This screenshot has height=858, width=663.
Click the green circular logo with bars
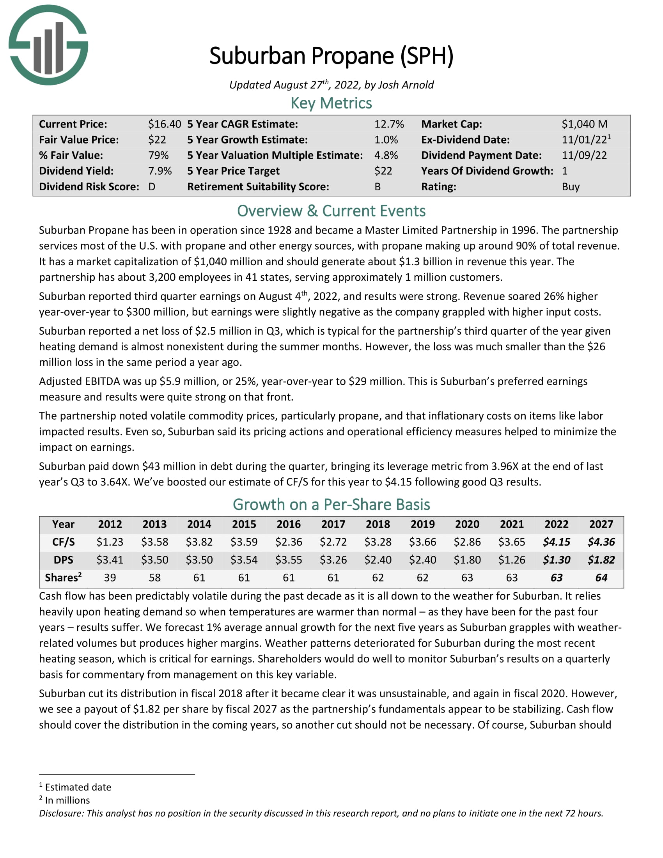pos(48,45)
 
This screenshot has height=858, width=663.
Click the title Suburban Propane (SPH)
pos(331,56)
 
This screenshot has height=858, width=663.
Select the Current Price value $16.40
pos(164,124)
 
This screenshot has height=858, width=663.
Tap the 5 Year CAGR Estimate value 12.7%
pos(388,124)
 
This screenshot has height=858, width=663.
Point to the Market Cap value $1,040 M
pos(584,124)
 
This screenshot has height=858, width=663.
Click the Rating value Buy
pos(570,186)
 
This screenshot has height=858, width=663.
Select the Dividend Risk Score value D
pos(152,186)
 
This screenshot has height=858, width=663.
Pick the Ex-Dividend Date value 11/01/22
pos(584,140)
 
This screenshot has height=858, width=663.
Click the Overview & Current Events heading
pos(331,211)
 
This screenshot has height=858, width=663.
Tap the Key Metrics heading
pos(331,103)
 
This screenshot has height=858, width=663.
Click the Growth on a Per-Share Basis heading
pos(331,504)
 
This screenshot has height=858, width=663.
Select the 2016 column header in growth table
pos(288,524)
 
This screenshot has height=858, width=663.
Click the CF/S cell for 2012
pos(110,542)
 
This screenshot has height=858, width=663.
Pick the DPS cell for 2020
pos(467,560)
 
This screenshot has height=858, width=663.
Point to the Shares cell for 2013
pos(154,578)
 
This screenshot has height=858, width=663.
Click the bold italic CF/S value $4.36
pos(601,542)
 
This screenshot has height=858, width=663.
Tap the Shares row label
pos(63,578)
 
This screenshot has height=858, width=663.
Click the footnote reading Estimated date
pos(78,787)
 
